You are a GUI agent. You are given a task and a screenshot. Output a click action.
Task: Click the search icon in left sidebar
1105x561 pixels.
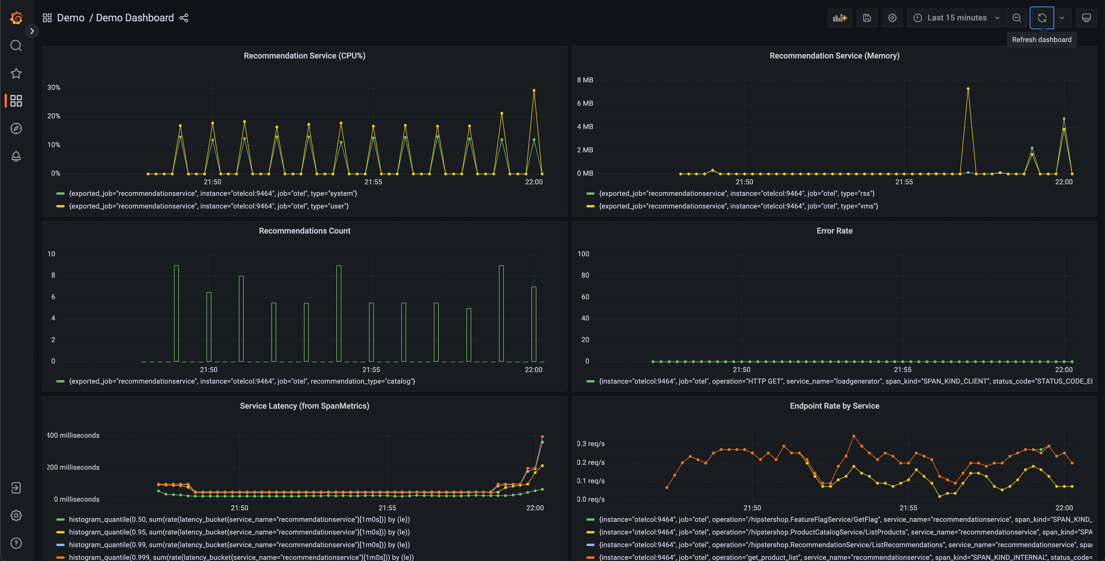[16, 46]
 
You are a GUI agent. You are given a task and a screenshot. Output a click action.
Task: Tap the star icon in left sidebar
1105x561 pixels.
[16, 73]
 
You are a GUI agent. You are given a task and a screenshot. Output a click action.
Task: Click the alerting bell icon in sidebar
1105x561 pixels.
[16, 156]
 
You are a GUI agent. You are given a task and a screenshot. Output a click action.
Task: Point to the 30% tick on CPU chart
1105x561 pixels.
[54, 88]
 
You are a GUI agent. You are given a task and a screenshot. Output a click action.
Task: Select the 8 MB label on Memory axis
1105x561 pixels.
[585, 80]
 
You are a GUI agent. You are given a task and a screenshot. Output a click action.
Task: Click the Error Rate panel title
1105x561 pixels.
[834, 231]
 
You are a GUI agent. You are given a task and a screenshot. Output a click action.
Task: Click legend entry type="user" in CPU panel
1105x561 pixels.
[209, 206]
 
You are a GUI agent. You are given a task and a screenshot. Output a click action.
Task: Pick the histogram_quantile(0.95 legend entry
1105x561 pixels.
[239, 532]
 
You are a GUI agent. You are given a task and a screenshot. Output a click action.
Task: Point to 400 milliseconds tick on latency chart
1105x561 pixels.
[73, 435]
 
